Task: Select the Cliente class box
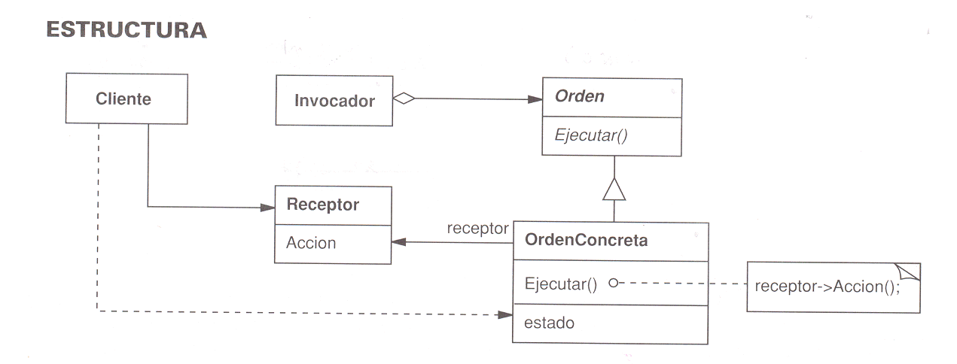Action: (126, 99)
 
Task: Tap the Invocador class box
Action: (334, 100)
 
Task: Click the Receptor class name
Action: (323, 205)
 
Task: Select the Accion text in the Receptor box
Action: (311, 243)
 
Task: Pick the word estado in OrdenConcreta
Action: (550, 323)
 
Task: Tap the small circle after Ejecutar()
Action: (613, 284)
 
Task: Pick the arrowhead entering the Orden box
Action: (536, 98)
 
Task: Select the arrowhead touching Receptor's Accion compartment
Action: (398, 242)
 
